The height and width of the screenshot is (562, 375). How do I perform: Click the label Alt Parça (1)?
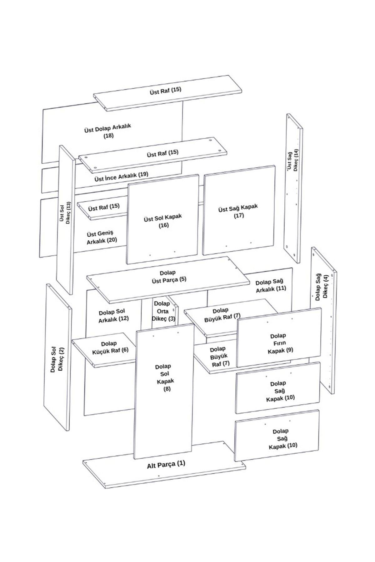(166, 464)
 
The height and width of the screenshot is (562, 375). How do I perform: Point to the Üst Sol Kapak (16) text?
(163, 221)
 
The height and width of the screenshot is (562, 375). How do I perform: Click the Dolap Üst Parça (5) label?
(168, 276)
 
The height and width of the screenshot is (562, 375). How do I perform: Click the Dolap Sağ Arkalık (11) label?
(271, 285)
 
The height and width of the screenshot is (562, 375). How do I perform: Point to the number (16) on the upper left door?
(163, 225)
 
